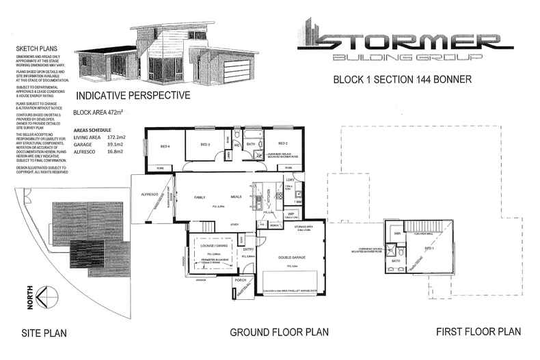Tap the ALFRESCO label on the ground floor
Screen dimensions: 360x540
point(148,195)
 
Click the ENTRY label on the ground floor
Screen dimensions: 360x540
point(248,250)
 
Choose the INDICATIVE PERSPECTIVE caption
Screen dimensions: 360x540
point(133,96)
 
